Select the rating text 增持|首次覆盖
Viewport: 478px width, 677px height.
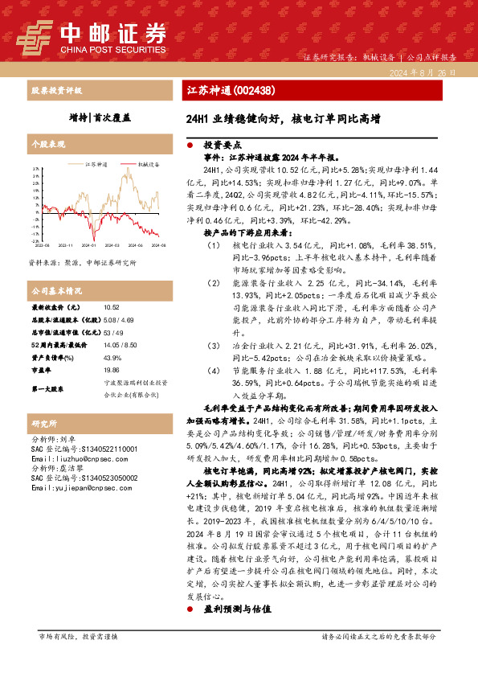[x=100, y=117]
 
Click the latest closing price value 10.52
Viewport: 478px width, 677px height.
[x=112, y=307]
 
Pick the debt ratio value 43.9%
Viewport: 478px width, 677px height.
[x=112, y=356]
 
